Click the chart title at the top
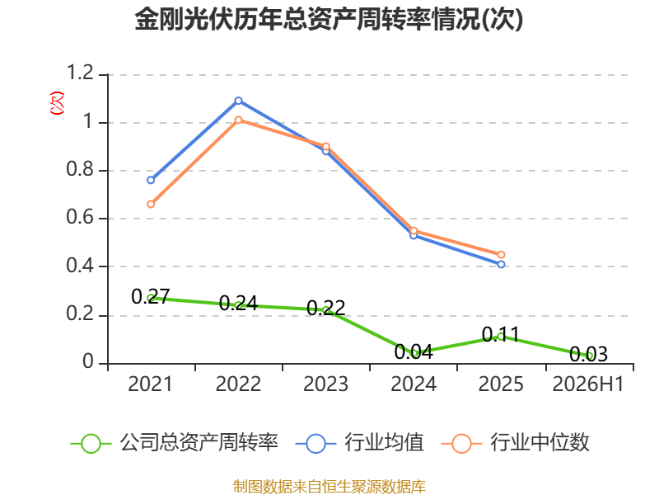tap(329, 19)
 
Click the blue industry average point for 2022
tap(238, 101)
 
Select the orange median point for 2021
tap(151, 204)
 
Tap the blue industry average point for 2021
tap(151, 180)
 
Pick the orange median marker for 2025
tap(501, 255)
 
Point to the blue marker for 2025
tap(501, 264)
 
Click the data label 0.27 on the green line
tap(151, 296)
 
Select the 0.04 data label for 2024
tap(414, 352)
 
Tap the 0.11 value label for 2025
tap(501, 335)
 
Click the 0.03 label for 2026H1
tap(588, 354)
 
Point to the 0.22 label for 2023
tap(325, 308)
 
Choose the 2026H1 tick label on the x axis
tap(588, 384)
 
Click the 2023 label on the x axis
tap(325, 384)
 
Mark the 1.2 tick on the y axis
tap(80, 73)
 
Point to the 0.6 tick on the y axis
tap(80, 217)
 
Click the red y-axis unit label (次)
tap(57, 103)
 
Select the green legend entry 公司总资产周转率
tap(175, 443)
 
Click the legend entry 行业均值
tap(360, 443)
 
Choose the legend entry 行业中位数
tap(516, 443)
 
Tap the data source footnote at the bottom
tap(329, 486)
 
